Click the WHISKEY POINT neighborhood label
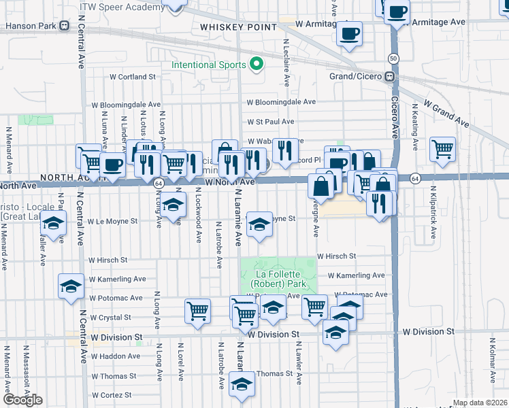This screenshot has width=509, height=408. (238, 27)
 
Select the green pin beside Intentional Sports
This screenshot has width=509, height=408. (257, 65)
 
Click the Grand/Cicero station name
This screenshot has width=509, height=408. (357, 76)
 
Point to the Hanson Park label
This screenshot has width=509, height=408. (29, 27)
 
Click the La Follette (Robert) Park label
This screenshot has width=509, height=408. (278, 277)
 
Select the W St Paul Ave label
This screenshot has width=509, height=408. (270, 122)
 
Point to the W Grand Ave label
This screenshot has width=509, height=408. (446, 113)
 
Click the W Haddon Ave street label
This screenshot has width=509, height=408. (114, 356)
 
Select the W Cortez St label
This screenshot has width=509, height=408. (110, 395)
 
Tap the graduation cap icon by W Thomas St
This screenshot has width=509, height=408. (240, 384)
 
